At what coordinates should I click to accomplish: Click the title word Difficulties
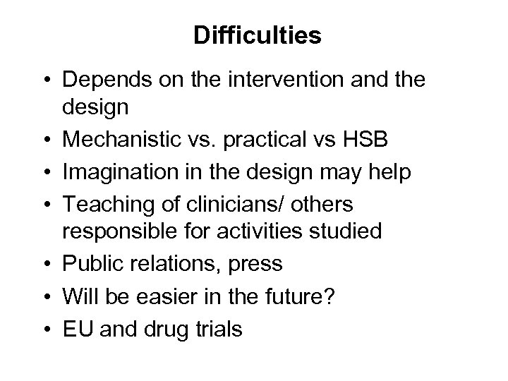click(x=258, y=36)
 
